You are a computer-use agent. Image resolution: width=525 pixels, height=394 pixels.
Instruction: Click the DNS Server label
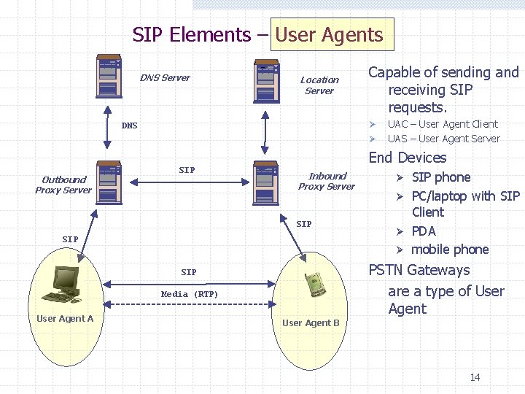tap(165, 78)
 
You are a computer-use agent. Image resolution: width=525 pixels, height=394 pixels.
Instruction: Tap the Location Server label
tap(319, 85)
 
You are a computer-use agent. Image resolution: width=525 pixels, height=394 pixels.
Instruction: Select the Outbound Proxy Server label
tap(63, 185)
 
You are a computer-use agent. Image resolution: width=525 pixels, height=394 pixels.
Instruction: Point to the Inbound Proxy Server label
tap(327, 181)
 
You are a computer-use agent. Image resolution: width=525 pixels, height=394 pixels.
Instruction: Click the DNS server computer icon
tap(110, 77)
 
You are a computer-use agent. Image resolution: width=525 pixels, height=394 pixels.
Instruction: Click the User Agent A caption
tap(65, 318)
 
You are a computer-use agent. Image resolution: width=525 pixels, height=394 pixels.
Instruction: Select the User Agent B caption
tap(311, 322)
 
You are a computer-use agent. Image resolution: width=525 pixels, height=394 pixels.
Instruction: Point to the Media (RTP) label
tap(190, 294)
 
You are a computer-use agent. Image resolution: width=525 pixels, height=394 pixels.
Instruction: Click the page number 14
tap(475, 377)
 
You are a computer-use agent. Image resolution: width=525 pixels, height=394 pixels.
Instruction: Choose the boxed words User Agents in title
tap(330, 35)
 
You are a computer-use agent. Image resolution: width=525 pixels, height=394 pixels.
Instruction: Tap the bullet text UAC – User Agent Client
tap(443, 124)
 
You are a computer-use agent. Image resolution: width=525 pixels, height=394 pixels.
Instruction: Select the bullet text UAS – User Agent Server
tap(443, 139)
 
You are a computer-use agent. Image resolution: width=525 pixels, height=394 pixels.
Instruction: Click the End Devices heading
tap(408, 158)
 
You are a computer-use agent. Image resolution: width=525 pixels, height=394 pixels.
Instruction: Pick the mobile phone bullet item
tap(450, 250)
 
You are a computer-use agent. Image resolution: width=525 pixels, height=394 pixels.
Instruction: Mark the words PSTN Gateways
tap(419, 270)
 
